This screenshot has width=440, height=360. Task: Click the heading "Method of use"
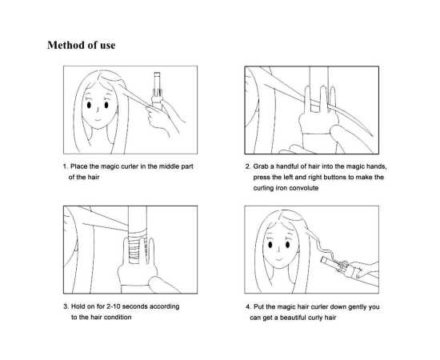click(x=81, y=45)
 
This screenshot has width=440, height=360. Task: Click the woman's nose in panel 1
click(x=98, y=110)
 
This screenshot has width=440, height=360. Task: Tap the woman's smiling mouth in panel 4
click(x=278, y=258)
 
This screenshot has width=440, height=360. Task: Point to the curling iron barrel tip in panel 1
click(x=157, y=74)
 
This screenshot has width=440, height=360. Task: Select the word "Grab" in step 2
click(x=261, y=166)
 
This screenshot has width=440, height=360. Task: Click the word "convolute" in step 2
click(x=304, y=188)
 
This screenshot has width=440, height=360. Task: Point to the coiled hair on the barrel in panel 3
click(x=137, y=246)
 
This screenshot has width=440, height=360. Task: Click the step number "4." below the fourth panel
click(x=248, y=306)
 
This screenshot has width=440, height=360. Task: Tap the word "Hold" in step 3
click(x=78, y=306)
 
